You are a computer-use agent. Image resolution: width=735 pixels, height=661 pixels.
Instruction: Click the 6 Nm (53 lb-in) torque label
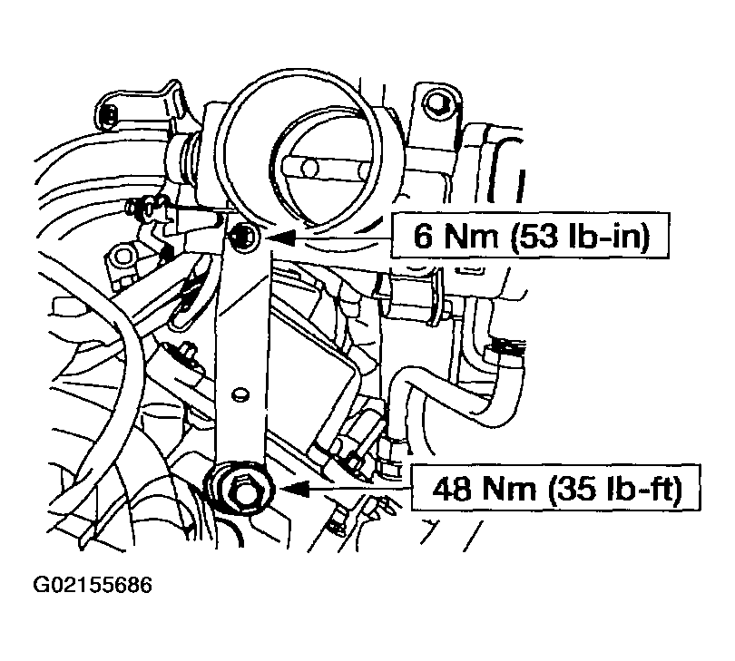[530, 235]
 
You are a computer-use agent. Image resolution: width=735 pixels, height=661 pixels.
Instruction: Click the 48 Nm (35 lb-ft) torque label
[556, 488]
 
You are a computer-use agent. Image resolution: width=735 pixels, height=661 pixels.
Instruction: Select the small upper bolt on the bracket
[244, 236]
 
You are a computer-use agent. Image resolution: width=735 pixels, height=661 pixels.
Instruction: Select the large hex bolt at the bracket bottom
[241, 489]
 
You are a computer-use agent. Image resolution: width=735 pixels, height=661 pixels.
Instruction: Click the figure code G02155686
[93, 585]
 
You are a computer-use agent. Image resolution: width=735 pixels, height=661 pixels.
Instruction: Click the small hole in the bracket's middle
[240, 394]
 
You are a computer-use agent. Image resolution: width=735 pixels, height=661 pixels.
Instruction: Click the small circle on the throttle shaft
[309, 168]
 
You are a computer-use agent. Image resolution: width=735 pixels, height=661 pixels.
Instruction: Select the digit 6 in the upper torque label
[423, 236]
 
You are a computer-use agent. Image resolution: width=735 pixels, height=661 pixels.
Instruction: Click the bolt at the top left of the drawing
[110, 115]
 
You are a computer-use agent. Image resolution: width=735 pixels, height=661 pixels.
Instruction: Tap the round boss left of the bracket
[123, 257]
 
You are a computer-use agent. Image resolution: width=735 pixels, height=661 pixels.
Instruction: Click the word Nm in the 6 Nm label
[471, 236]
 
